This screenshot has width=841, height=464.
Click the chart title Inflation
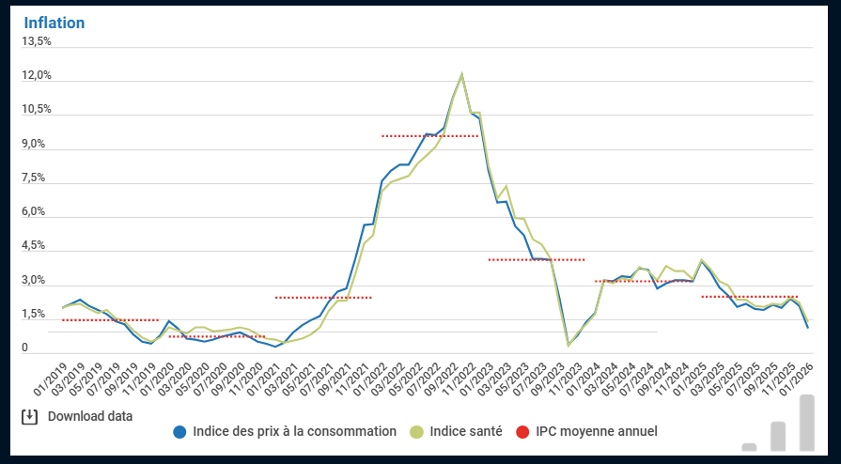pyautogui.click(x=54, y=23)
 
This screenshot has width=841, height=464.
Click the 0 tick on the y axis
pyautogui.click(x=25, y=348)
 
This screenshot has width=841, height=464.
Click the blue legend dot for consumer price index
pyautogui.click(x=179, y=432)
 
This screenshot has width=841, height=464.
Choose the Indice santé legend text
pyautogui.click(x=466, y=432)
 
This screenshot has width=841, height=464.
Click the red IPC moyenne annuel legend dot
pyautogui.click(x=522, y=432)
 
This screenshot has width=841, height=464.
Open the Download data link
pyautogui.click(x=90, y=416)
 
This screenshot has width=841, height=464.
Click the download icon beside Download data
pyautogui.click(x=29, y=416)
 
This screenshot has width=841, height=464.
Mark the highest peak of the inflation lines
pyautogui.click(x=461, y=73)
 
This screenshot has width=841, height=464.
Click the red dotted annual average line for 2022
pyautogui.click(x=429, y=136)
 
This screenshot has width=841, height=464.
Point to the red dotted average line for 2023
pyautogui.click(x=537, y=259)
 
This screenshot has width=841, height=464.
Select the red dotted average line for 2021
pyautogui.click(x=323, y=298)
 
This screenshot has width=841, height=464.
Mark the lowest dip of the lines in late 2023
pyautogui.click(x=568, y=345)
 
